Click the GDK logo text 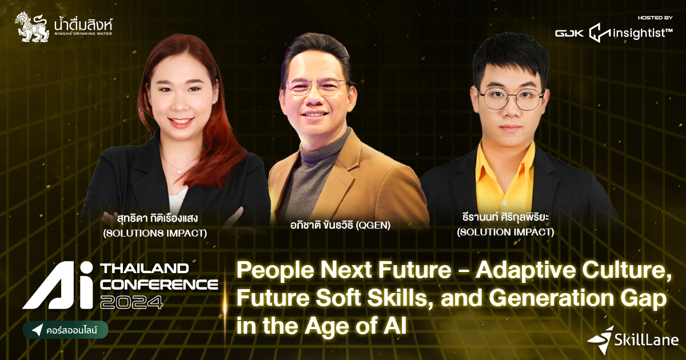point(569,33)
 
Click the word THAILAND point(143,268)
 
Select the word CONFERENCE point(159,284)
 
